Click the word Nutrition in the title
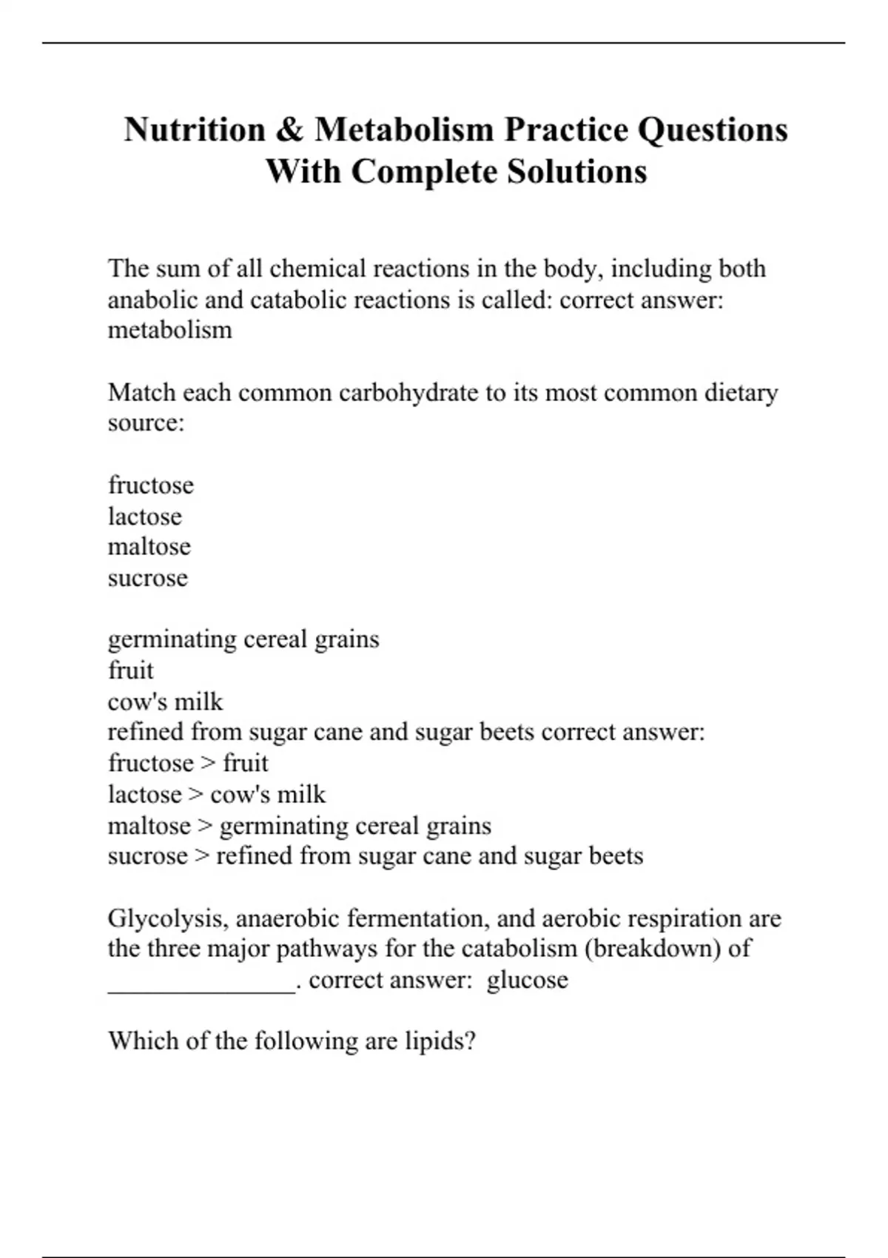click(195, 129)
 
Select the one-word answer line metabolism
click(170, 330)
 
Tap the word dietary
click(741, 392)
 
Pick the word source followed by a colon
click(146, 423)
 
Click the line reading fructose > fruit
click(188, 763)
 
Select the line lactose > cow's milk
click(217, 794)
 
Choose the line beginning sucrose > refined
click(375, 856)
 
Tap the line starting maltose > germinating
click(299, 825)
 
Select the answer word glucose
click(528, 980)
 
